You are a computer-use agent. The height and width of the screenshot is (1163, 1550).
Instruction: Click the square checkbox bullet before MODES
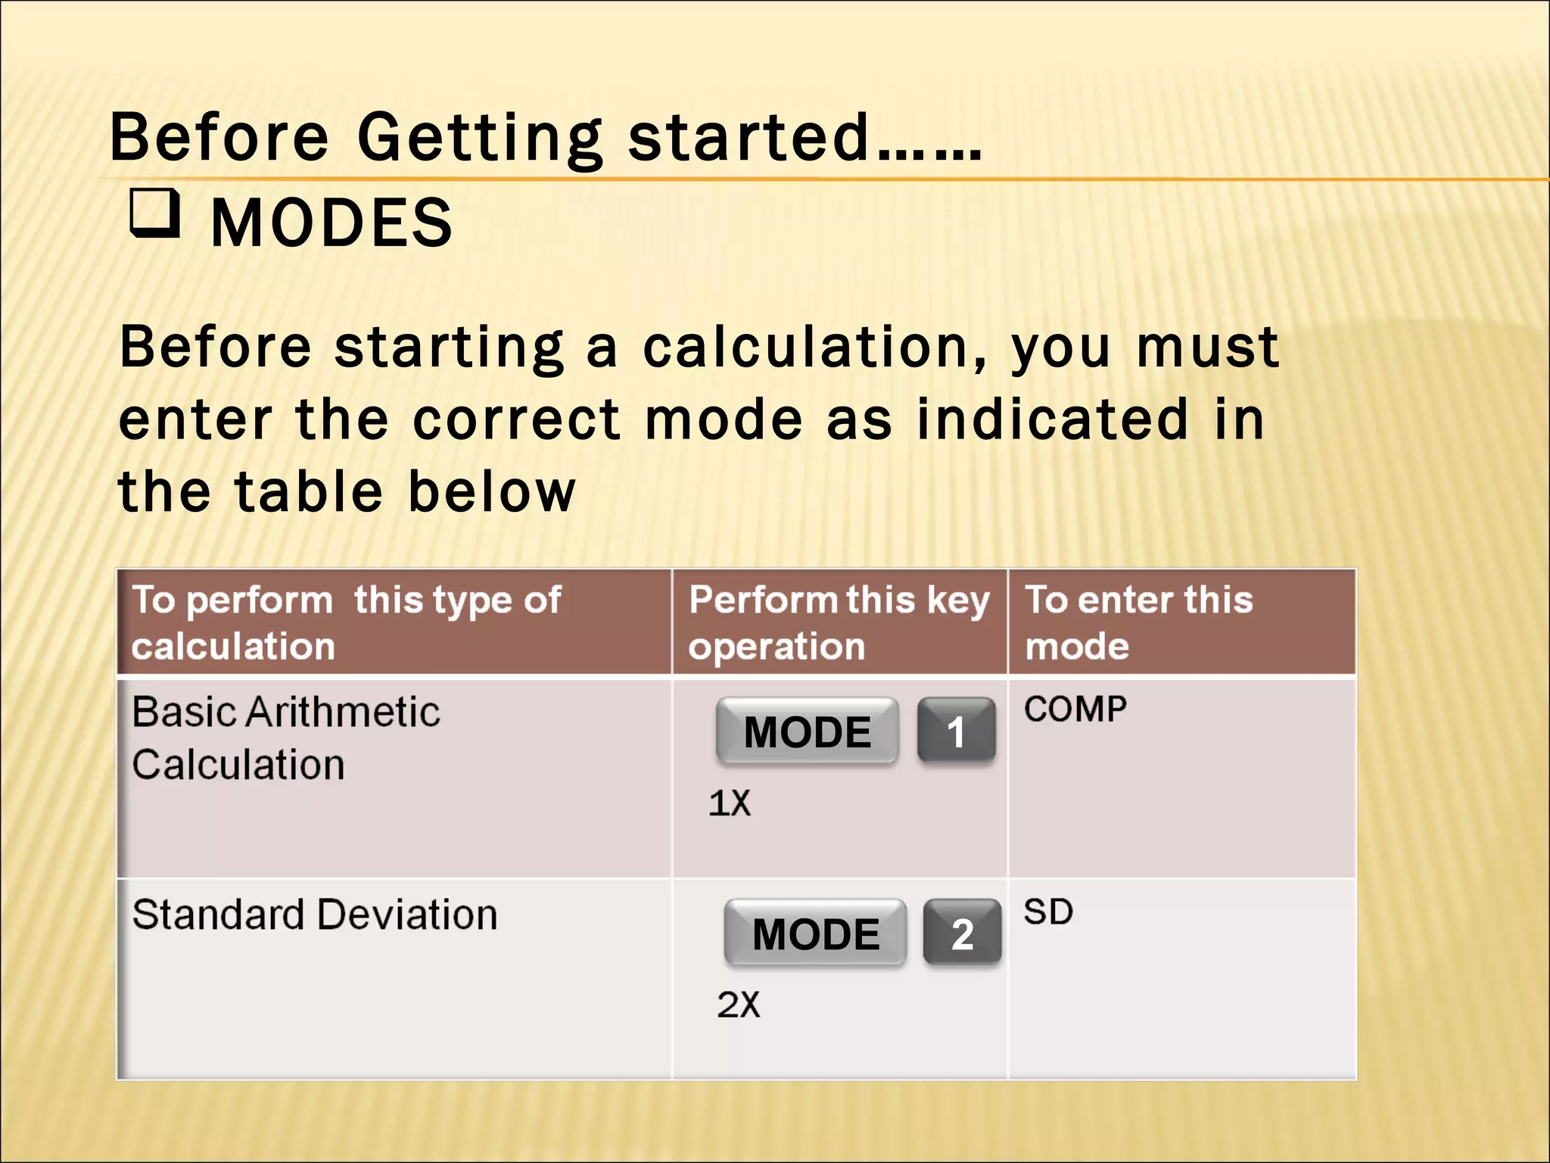[155, 214]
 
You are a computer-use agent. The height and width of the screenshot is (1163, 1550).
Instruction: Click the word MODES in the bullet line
[331, 223]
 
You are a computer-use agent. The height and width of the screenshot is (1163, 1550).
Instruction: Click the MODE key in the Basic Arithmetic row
[807, 731]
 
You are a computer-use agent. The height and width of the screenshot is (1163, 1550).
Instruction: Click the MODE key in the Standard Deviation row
[815, 934]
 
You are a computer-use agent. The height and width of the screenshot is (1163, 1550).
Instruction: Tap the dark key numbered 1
[956, 731]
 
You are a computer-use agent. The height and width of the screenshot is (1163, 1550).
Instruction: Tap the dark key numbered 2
[962, 934]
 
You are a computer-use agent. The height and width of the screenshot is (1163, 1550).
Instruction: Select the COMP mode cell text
[1075, 709]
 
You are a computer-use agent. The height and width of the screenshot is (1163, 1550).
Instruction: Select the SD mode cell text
[1048, 912]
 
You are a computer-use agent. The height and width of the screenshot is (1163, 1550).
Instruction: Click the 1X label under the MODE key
[730, 803]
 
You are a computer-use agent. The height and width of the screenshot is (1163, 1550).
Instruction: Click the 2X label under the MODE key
[738, 1005]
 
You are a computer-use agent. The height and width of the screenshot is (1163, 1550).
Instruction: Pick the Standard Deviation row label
[315, 915]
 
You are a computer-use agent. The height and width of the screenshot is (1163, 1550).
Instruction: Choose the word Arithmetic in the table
[344, 712]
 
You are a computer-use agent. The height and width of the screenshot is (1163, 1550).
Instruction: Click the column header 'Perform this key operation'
[839, 622]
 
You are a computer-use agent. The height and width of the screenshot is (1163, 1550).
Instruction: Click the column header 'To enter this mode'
[1138, 622]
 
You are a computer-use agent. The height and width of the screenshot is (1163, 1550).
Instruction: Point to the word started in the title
[748, 139]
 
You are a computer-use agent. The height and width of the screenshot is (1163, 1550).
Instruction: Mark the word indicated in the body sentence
[1052, 420]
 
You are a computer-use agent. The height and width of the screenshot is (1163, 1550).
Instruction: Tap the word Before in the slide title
[219, 139]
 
